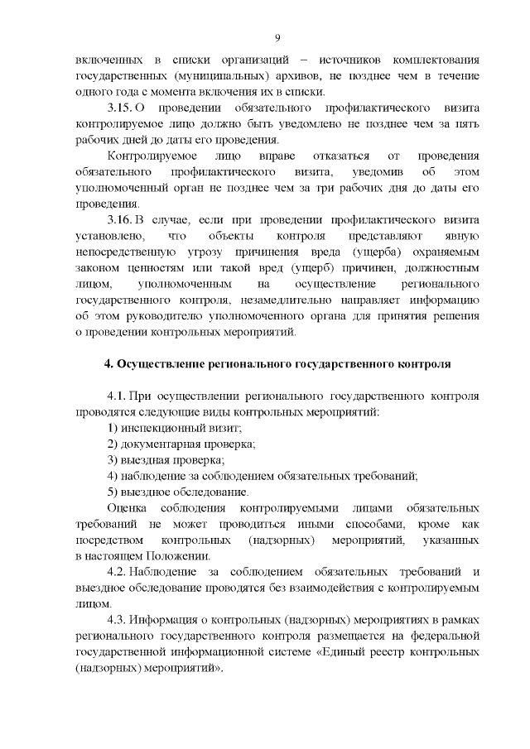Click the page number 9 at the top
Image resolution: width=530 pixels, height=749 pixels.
[277, 37]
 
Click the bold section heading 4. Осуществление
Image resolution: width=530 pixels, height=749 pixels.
[277, 363]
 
